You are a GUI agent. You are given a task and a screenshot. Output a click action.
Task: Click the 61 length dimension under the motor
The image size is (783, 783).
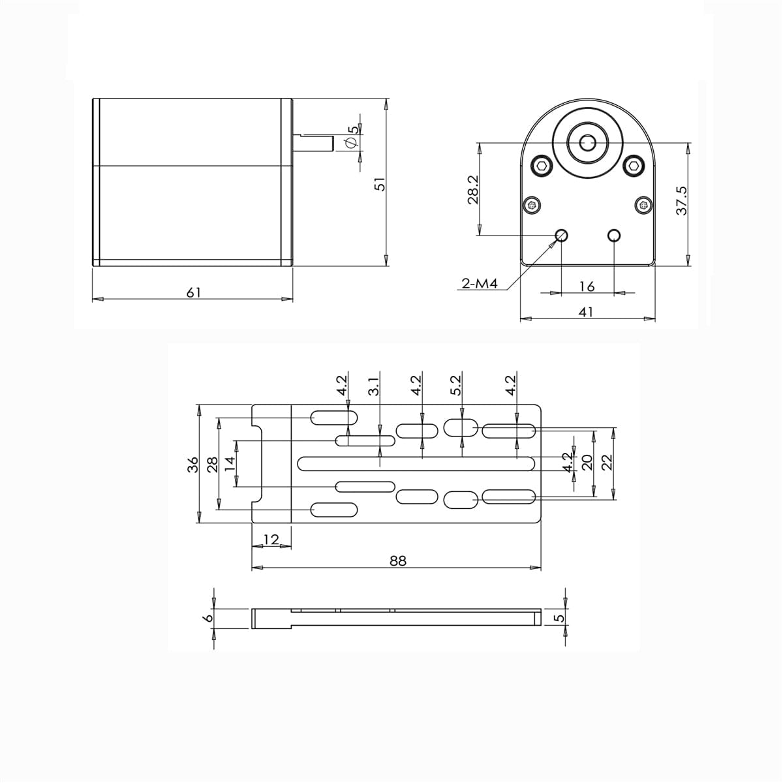click(x=193, y=292)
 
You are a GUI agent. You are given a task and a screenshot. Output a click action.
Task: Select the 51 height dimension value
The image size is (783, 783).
click(x=380, y=185)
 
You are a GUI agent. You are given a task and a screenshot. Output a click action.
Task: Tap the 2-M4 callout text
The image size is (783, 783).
click(x=480, y=284)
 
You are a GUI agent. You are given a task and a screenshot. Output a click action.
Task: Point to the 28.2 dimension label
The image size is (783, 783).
click(x=474, y=189)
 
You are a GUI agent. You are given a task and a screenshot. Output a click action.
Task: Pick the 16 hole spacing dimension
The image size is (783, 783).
click(x=587, y=286)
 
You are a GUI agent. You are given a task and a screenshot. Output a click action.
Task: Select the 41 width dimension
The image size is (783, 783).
click(x=586, y=312)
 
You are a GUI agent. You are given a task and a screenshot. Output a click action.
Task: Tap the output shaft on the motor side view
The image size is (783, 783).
click(x=313, y=143)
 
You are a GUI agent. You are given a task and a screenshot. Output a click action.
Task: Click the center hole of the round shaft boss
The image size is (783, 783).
click(x=587, y=142)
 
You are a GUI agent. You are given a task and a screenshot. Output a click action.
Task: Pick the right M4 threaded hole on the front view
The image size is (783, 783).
click(x=613, y=235)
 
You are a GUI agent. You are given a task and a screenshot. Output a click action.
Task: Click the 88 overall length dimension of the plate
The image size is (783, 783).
click(x=398, y=560)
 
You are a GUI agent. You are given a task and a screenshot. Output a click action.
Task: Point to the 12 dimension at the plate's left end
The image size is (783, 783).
click(x=271, y=539)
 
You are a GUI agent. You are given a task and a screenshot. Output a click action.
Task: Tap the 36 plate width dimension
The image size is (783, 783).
click(x=192, y=465)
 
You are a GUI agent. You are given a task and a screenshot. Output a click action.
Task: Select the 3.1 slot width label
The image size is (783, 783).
click(x=373, y=387)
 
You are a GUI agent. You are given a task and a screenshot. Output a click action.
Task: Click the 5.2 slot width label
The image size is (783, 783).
click(x=456, y=385)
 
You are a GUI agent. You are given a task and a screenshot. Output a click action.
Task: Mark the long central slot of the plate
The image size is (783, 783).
click(x=418, y=463)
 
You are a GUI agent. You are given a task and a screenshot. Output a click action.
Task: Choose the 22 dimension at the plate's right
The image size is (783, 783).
click(x=607, y=462)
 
